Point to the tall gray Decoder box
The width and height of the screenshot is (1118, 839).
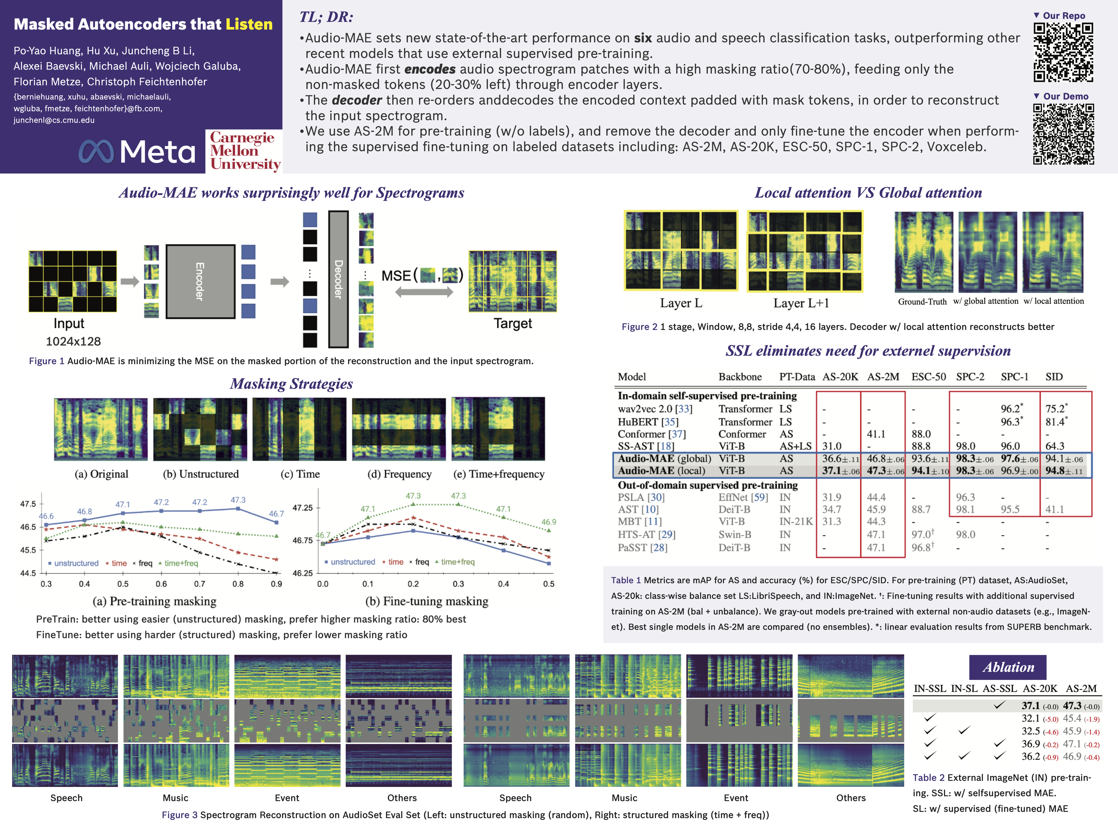pos(338,279)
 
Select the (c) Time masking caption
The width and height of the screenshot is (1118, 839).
pos(300,474)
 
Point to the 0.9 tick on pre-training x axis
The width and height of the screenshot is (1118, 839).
pos(276,584)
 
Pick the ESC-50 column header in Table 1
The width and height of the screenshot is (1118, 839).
pos(928,377)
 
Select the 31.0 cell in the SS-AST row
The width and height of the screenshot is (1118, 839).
pos(832,446)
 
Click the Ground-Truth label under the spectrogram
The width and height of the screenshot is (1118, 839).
pos(922,302)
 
